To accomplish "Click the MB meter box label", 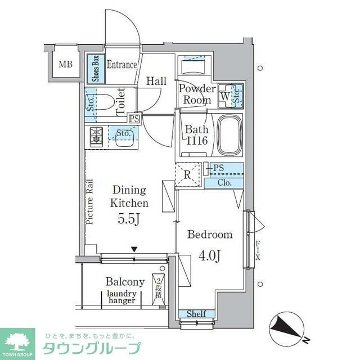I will click(x=66, y=64).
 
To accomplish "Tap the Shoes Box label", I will click(x=96, y=69).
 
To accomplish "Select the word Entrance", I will click(x=122, y=65).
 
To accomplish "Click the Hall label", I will click(x=156, y=81).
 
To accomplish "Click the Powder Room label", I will click(x=197, y=94).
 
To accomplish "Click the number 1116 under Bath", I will click(x=197, y=140).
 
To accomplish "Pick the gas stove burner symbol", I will click(x=96, y=136).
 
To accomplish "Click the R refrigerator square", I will click(x=188, y=173).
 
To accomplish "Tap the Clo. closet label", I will click(x=224, y=183).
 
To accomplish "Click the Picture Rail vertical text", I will click(x=91, y=202).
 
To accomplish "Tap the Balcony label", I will click(x=125, y=282).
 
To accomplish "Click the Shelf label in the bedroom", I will click(x=196, y=314).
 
